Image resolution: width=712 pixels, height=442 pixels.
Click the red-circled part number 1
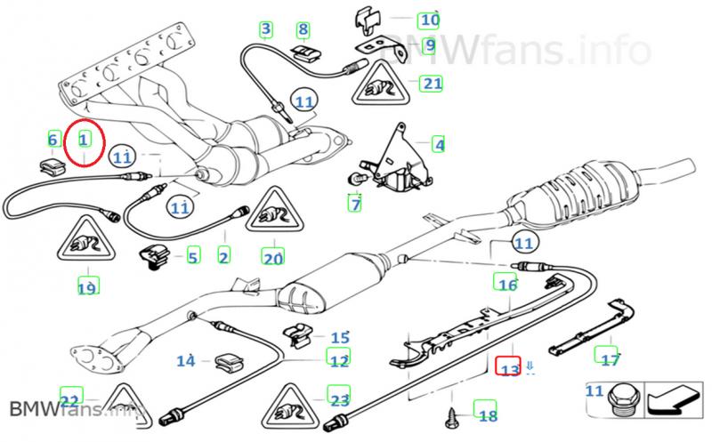83,140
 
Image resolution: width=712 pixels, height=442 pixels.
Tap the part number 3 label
265,30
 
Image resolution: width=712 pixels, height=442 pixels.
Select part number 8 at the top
303,30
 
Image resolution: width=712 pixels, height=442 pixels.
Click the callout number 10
429,19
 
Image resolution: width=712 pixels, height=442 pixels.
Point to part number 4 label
438,143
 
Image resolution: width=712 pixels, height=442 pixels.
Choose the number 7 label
355,205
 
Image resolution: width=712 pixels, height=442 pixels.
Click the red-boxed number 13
508,368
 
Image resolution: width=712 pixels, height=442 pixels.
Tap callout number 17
610,359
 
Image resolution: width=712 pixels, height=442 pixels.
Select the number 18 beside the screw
487,414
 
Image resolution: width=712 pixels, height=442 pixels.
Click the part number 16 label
506,285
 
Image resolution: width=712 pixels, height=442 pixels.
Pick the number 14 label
185,361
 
